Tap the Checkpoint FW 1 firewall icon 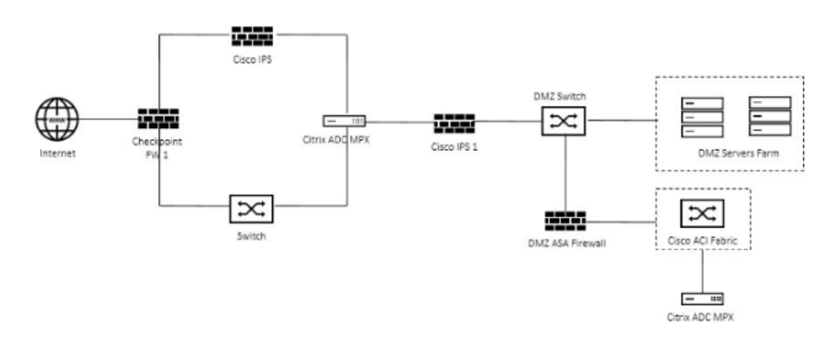159,120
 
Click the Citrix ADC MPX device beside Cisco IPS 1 344,121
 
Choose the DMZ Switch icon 565,123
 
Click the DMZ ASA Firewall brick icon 565,222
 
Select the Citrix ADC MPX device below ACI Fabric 702,298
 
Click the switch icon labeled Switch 251,208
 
